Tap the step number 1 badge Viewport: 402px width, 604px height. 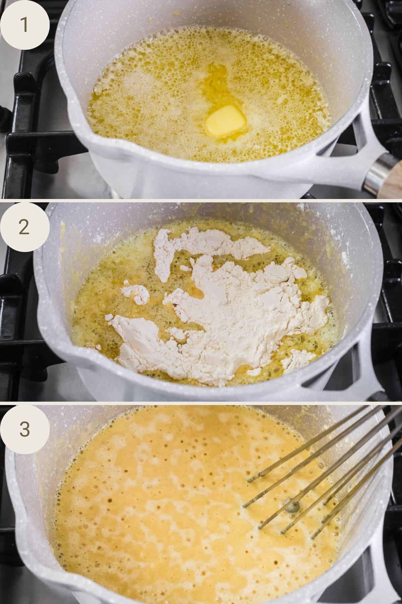click(x=25, y=26)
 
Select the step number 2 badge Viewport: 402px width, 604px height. click(x=25, y=227)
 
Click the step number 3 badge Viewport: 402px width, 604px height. click(x=25, y=429)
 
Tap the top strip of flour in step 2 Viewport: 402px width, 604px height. click(x=208, y=243)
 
